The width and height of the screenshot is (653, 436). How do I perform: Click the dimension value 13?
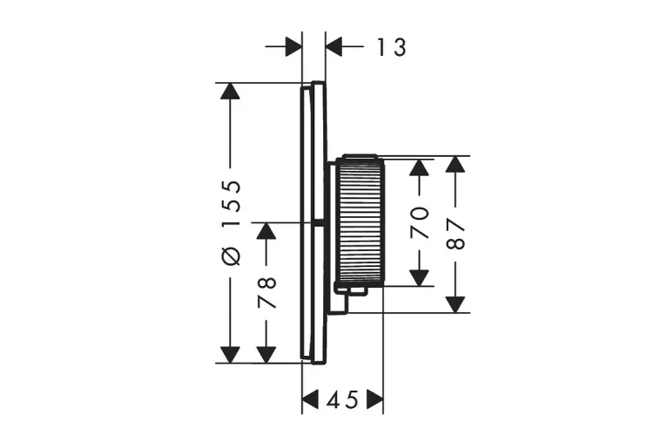coord(392,47)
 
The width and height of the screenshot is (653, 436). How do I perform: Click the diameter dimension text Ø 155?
coord(231,222)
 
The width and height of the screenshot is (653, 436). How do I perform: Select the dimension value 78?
coord(266,293)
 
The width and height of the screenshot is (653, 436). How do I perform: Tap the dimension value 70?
coord(421,222)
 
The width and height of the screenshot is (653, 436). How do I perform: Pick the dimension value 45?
coord(342,400)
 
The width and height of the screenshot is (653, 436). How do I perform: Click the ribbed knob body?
coord(360,221)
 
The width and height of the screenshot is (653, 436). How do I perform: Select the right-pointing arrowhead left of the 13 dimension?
coord(293,47)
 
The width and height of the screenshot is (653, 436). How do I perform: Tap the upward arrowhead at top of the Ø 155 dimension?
coord(230,92)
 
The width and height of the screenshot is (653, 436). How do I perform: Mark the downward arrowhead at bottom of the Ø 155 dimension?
coord(230,353)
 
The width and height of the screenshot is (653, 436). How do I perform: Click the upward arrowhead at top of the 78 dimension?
coord(266,231)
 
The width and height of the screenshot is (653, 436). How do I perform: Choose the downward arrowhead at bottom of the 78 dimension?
coord(266,353)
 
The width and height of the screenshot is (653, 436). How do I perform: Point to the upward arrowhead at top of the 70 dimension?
coord(421,167)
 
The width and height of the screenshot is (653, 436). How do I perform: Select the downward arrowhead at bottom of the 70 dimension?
coord(421,276)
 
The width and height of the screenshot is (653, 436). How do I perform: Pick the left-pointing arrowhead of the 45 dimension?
coord(311,400)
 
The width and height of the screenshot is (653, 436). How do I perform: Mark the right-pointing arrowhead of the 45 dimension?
coord(374,400)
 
